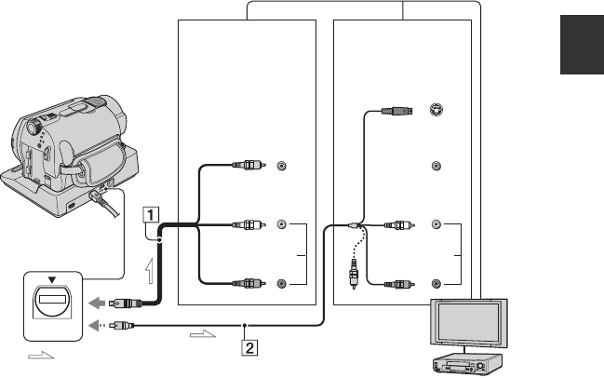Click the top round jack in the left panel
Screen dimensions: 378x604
click(x=281, y=168)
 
